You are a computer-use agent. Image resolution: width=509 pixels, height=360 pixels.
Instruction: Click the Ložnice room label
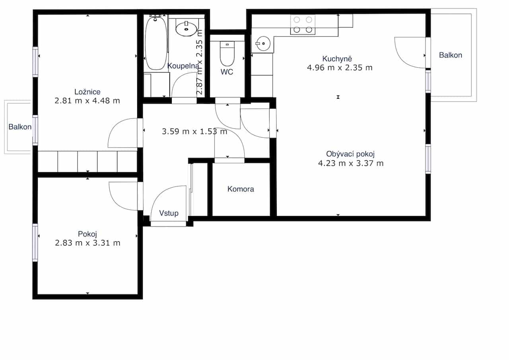point(87,92)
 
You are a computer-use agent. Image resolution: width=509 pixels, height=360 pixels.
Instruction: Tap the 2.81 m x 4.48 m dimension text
point(87,101)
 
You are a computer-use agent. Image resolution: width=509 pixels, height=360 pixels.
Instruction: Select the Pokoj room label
point(87,234)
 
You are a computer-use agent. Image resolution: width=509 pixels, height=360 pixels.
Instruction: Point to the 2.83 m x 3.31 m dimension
point(87,243)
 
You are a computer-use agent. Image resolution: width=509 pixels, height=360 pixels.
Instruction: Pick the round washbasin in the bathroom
point(187,29)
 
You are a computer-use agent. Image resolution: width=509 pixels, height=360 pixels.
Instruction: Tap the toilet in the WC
point(227,54)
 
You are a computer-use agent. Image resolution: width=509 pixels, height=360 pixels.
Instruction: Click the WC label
point(227,72)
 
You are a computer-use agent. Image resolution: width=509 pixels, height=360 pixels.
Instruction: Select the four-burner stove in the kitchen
point(303,25)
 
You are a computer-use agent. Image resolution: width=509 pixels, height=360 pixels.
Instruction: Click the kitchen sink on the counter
point(263,43)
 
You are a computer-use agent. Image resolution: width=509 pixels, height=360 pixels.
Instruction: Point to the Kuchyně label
point(337,58)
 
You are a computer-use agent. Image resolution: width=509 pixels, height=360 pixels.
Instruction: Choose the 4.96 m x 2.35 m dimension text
point(340,68)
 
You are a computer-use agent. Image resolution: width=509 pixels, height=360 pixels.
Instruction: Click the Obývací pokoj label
point(350,154)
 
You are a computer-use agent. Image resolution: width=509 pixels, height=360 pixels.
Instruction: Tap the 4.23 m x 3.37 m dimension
point(351,163)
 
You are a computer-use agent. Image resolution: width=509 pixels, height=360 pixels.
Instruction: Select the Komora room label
point(241,189)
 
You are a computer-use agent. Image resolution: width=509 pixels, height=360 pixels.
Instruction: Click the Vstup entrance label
point(169,213)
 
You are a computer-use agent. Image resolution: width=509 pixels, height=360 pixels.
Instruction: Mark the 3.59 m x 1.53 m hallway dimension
point(194,131)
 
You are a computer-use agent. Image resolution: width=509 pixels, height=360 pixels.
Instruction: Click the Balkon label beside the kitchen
point(451,55)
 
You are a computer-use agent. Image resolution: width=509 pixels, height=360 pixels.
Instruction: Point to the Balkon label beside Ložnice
point(20,127)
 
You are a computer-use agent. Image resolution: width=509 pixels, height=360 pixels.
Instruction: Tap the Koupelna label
point(183,66)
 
